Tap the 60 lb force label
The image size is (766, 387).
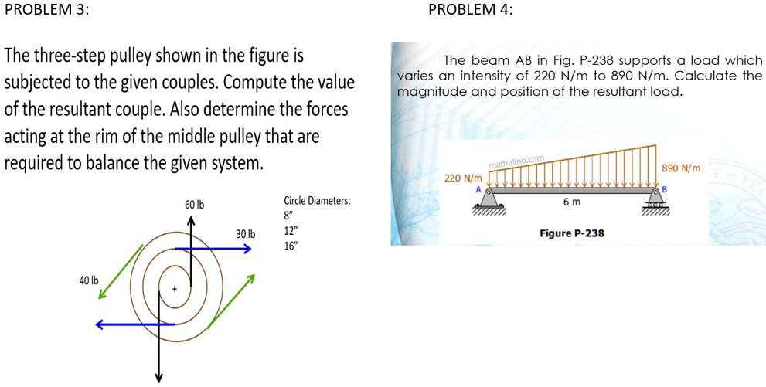tap(194, 205)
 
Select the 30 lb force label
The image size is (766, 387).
tap(246, 234)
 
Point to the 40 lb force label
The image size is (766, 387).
tap(89, 280)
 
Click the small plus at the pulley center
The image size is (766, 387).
tap(175, 289)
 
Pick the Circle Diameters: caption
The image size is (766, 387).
tap(317, 201)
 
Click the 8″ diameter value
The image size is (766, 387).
tap(288, 216)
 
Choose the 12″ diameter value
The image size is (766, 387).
tap(290, 231)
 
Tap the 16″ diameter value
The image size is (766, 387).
tap(290, 246)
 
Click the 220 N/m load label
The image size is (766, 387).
tap(462, 178)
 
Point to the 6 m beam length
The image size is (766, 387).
tap(571, 202)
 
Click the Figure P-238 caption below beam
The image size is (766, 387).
tap(571, 233)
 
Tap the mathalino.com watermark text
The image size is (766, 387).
tap(517, 162)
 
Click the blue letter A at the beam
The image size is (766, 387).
tap(478, 189)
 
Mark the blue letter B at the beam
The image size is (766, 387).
tap(664, 188)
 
